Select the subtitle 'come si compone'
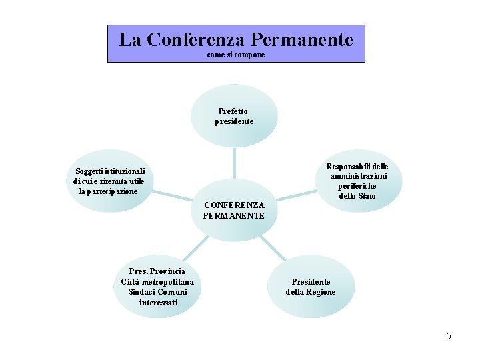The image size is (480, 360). coord(236,55)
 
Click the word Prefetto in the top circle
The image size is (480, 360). coord(233,111)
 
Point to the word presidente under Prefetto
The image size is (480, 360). coord(233,121)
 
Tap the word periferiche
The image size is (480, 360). coord(357,186)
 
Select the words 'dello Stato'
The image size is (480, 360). coord(357,196)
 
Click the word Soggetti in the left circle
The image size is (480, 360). coord(91,171)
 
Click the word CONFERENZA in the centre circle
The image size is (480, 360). coord(234,205)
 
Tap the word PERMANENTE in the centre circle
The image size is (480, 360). coord(234,216)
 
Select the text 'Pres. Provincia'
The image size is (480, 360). coord(158,271)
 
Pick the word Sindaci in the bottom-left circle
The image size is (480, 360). coord(142,292)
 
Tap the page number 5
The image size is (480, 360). coord(449,336)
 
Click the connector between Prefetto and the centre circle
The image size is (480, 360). coord(234,163)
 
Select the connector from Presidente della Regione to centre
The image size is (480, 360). coord(273,247)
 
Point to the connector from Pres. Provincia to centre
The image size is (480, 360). coord(195,248)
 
